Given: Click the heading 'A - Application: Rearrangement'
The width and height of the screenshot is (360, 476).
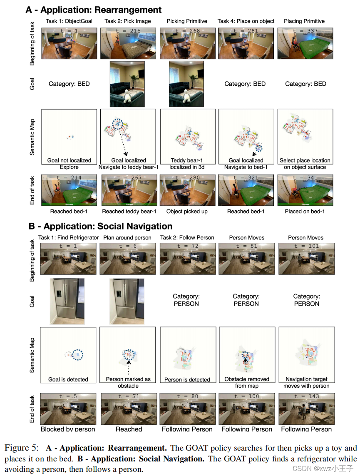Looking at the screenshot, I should (x=94, y=10).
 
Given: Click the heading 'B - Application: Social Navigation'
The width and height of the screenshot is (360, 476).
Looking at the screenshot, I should (x=100, y=227).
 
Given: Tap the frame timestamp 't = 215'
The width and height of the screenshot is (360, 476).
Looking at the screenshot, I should (x=129, y=31).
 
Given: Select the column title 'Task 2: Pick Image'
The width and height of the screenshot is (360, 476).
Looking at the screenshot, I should (x=128, y=21).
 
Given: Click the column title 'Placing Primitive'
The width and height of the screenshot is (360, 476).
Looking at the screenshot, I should (x=304, y=21).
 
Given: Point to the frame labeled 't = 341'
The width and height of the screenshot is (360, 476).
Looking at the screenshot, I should (x=305, y=190).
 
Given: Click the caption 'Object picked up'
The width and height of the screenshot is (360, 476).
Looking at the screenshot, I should (x=187, y=212).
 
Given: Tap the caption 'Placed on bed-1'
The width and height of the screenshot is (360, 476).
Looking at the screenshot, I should (x=305, y=212).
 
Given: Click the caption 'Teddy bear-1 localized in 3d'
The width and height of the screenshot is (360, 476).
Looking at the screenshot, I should (x=187, y=164).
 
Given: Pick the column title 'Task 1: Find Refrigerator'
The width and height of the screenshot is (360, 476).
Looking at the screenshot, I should (x=69, y=238).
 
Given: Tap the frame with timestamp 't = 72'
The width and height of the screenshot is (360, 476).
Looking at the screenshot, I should (x=188, y=258).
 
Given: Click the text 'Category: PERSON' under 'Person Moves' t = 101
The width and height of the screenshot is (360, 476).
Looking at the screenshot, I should (x=307, y=300).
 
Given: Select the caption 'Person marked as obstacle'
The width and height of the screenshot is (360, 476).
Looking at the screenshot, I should (x=128, y=382).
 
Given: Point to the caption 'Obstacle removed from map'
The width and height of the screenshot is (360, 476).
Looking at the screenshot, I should (x=247, y=382).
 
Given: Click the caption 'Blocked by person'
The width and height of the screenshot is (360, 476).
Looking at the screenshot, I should (x=68, y=429).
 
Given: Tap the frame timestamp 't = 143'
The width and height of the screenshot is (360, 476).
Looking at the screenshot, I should (x=306, y=396).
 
